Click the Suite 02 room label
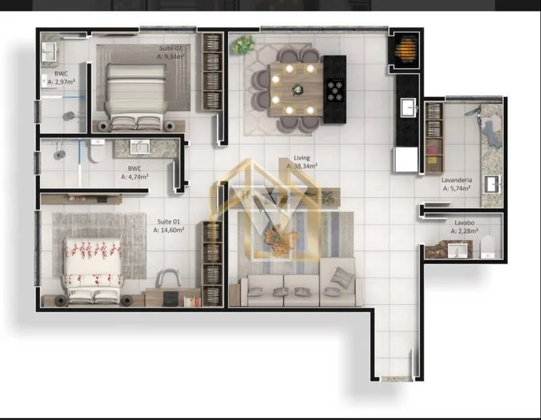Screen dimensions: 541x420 point(170,48)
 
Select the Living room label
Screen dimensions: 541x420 point(302,158)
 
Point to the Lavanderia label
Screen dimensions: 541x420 point(456,180)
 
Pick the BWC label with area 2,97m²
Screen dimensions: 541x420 point(61,74)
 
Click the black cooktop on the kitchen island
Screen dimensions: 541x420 point(335,90)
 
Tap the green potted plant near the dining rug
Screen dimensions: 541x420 point(243,44)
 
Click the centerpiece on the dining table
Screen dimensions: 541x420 point(297,89)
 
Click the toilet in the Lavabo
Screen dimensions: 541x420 point(488,247)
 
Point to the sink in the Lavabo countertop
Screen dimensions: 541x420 point(457,251)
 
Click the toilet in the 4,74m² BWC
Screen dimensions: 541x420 point(97,150)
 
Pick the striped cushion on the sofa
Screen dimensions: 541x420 point(342,278)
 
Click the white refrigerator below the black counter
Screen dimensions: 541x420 point(406,159)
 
